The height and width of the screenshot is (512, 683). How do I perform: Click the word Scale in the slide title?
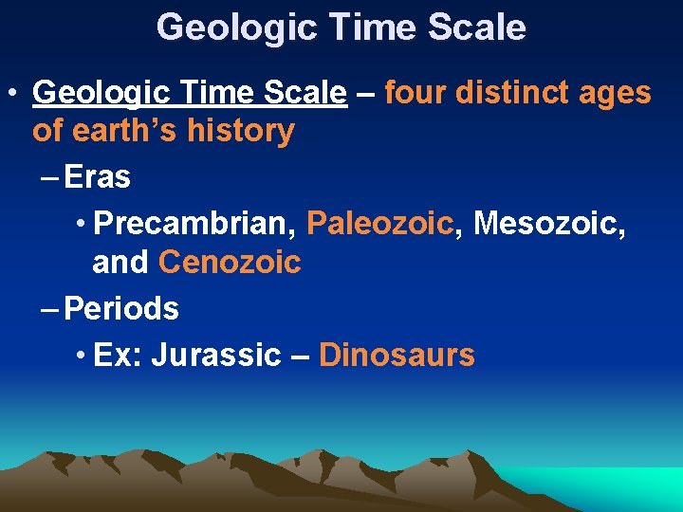[478, 27]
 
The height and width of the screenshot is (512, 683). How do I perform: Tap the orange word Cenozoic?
[230, 262]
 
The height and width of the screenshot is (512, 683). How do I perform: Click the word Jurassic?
[216, 355]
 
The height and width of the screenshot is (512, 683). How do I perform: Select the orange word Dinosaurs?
[397, 355]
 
